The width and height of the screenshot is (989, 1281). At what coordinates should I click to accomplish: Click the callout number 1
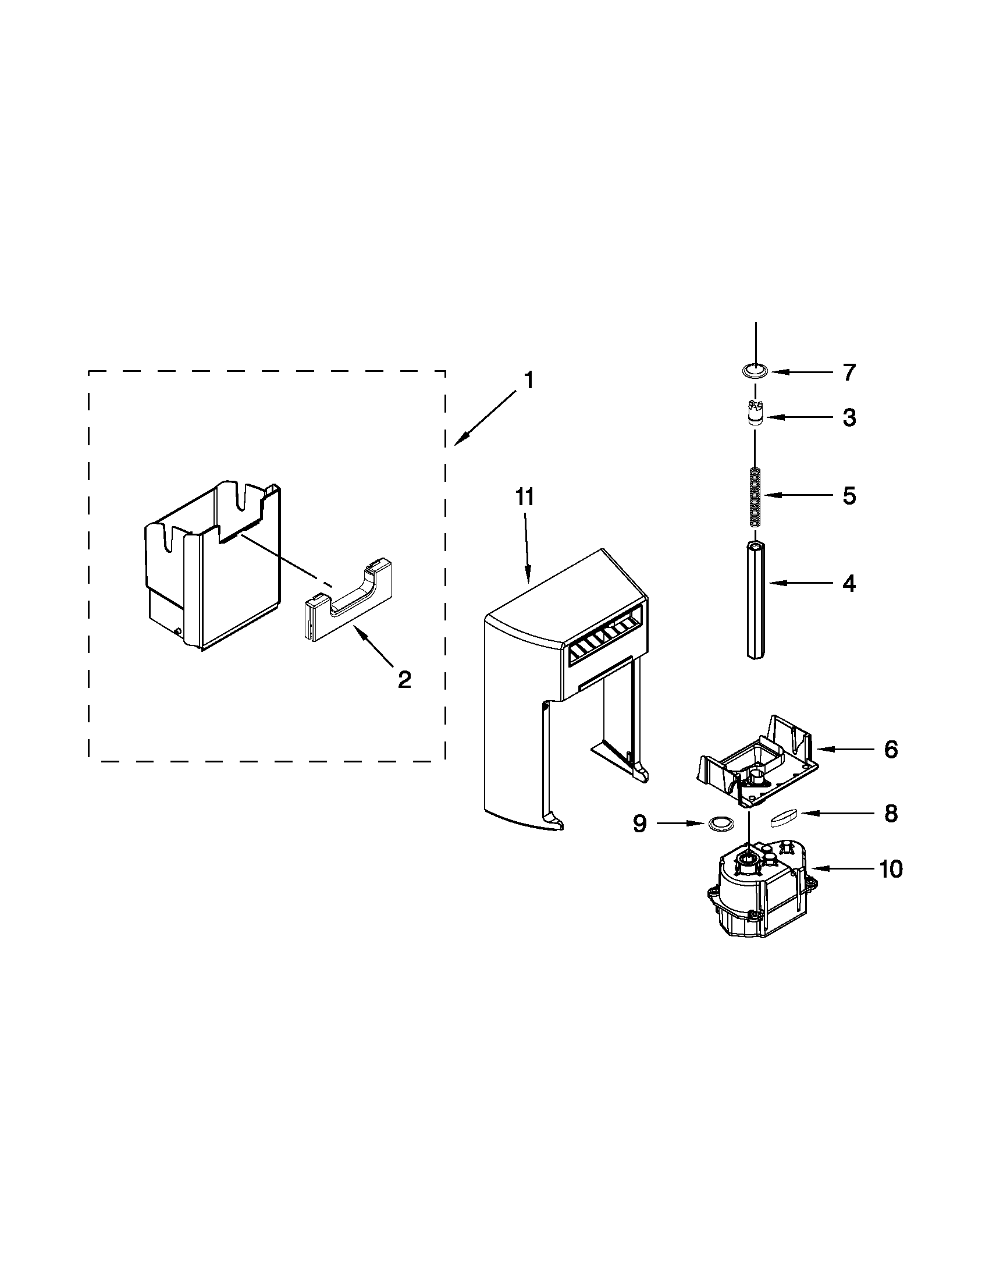point(528,381)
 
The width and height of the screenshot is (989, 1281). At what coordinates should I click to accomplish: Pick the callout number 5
point(849,496)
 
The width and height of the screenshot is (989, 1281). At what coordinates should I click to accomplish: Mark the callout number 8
point(891,813)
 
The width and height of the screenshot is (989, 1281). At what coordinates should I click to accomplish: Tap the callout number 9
point(639,824)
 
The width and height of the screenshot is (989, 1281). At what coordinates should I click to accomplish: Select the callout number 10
point(891,870)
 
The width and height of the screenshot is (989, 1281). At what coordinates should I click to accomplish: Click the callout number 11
point(525,497)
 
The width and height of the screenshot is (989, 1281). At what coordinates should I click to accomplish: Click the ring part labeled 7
point(754,371)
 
